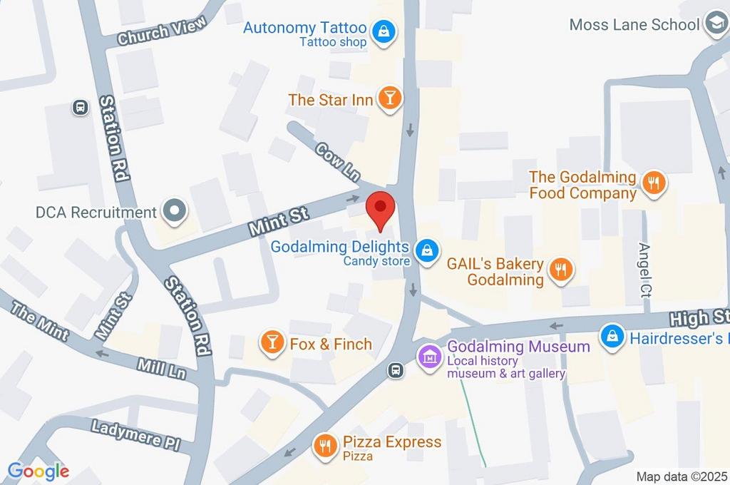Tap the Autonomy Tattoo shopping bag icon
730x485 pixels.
[x=384, y=31]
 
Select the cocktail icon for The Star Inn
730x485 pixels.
[x=389, y=98]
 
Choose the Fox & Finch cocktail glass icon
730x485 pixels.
[x=272, y=342]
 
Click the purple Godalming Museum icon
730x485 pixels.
[x=429, y=355]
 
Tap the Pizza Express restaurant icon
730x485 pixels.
[x=326, y=446]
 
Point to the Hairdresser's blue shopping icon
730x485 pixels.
[x=611, y=337]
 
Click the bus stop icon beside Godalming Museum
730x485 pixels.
[x=394, y=369]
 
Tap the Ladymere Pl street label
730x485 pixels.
[x=135, y=432]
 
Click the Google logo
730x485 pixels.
[x=38, y=471]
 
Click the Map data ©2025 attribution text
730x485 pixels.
[x=681, y=476]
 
